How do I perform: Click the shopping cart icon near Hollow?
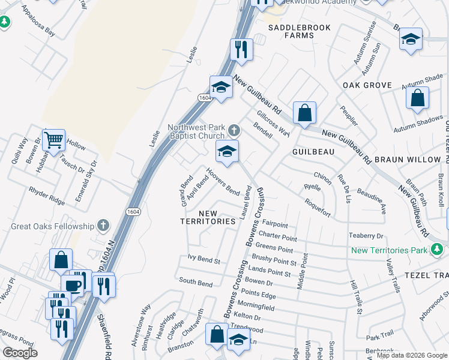click(54, 140)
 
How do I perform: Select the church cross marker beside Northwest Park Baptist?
click(234, 130)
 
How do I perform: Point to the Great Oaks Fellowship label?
click(53, 226)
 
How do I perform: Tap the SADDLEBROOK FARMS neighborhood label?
click(291, 32)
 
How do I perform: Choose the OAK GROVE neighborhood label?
click(367, 86)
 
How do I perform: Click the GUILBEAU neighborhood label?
click(313, 152)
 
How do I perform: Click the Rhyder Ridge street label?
click(46, 193)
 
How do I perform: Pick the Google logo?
click(20, 353)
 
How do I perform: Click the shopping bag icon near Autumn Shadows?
click(417, 98)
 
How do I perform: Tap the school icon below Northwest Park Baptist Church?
click(228, 152)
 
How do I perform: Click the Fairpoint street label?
click(275, 225)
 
